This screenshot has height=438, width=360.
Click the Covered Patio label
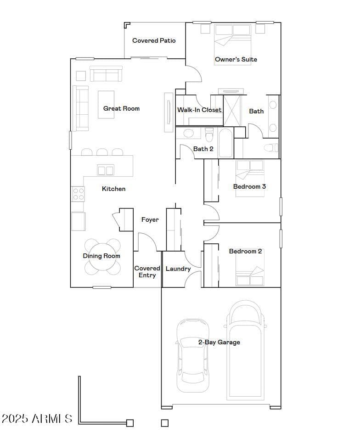click(154, 40)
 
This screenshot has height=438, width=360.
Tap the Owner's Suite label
click(236, 59)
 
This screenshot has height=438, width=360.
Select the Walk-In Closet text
click(199, 110)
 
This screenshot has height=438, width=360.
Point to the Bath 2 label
click(203, 149)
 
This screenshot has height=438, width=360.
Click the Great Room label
click(122, 108)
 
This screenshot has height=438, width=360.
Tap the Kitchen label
click(114, 189)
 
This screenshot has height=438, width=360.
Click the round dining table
click(102, 257)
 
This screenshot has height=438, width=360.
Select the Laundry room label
click(178, 269)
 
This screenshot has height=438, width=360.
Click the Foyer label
click(150, 219)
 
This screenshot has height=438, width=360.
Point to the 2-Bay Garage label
click(219, 342)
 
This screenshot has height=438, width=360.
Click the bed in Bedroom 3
click(250, 178)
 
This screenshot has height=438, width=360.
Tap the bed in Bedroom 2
click(250, 268)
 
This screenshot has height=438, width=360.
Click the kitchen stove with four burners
click(78, 194)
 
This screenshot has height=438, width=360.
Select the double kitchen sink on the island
click(106, 170)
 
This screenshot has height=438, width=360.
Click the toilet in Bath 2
click(209, 135)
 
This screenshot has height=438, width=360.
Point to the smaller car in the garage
click(193, 355)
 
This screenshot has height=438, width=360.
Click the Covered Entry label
click(147, 272)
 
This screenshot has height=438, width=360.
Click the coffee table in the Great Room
click(106, 105)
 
